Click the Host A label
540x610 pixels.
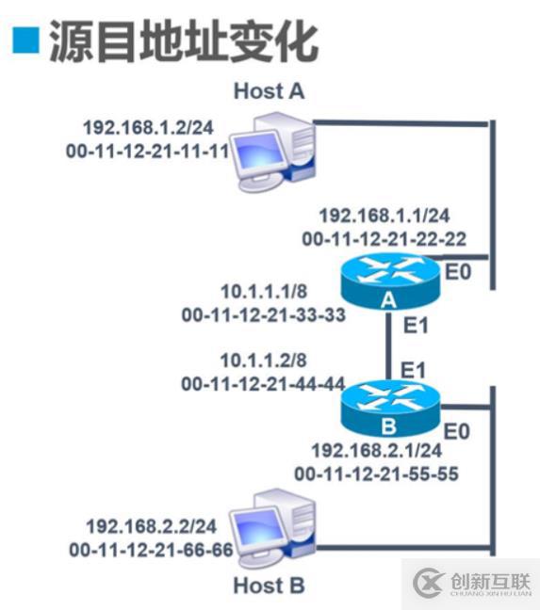[269, 91]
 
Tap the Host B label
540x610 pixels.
[269, 585]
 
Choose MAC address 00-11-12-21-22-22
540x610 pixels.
[384, 239]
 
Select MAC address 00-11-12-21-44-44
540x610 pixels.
[263, 384]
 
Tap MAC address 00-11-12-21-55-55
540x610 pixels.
[377, 474]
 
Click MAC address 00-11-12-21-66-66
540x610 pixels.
[150, 549]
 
